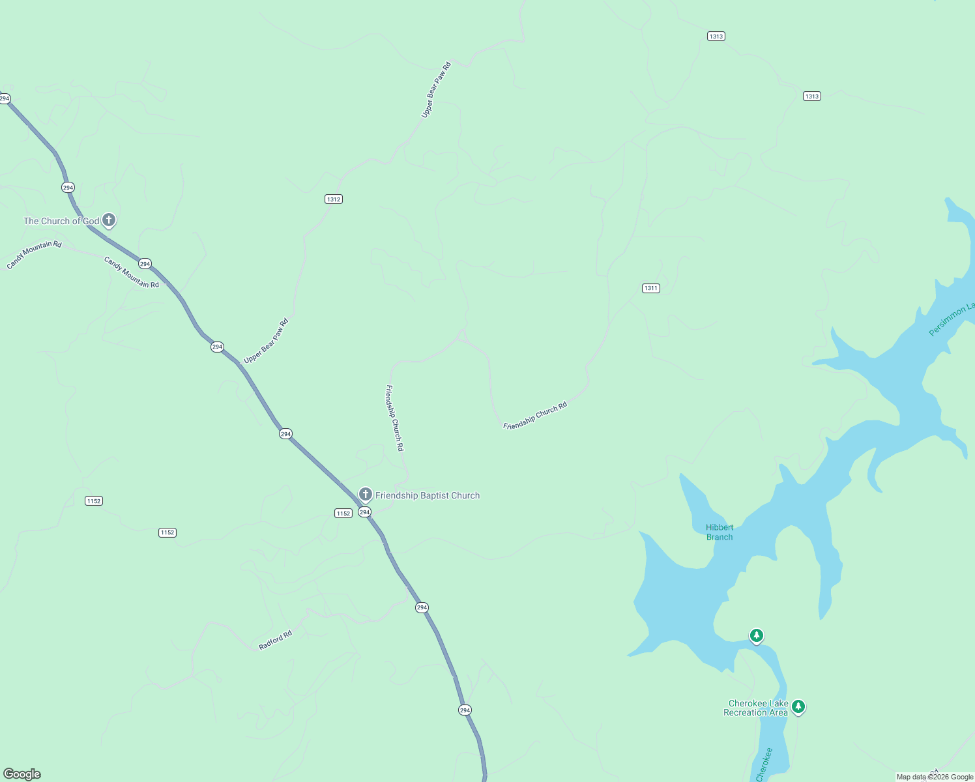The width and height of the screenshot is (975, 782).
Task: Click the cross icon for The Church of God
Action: click(x=109, y=220)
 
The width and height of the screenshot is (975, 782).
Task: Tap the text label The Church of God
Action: click(x=61, y=222)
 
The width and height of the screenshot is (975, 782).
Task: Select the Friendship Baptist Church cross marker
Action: click(x=366, y=494)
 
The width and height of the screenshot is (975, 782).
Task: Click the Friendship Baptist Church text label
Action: click(x=428, y=496)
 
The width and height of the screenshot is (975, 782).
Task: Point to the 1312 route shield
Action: click(x=334, y=199)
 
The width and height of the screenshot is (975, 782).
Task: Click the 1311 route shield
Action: click(x=650, y=288)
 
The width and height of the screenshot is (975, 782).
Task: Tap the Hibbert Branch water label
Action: click(x=720, y=532)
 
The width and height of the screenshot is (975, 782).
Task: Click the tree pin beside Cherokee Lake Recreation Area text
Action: click(x=798, y=706)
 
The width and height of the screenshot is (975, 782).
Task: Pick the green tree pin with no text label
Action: click(x=756, y=635)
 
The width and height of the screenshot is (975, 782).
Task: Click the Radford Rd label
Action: click(x=275, y=640)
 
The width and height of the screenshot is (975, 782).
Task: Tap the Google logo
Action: click(x=22, y=774)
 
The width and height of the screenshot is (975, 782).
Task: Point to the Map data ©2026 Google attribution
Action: click(x=935, y=777)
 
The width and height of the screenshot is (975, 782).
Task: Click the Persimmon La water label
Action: click(x=952, y=317)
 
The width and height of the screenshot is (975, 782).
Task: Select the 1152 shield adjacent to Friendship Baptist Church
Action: click(x=343, y=514)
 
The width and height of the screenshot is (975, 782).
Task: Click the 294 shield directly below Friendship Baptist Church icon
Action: click(x=364, y=512)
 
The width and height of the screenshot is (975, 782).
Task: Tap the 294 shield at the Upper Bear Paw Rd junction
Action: click(x=217, y=347)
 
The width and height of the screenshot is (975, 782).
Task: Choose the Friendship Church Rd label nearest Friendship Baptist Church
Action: click(x=395, y=418)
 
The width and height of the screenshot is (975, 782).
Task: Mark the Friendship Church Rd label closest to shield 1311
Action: click(x=535, y=416)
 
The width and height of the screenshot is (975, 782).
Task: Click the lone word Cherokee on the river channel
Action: click(x=764, y=764)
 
